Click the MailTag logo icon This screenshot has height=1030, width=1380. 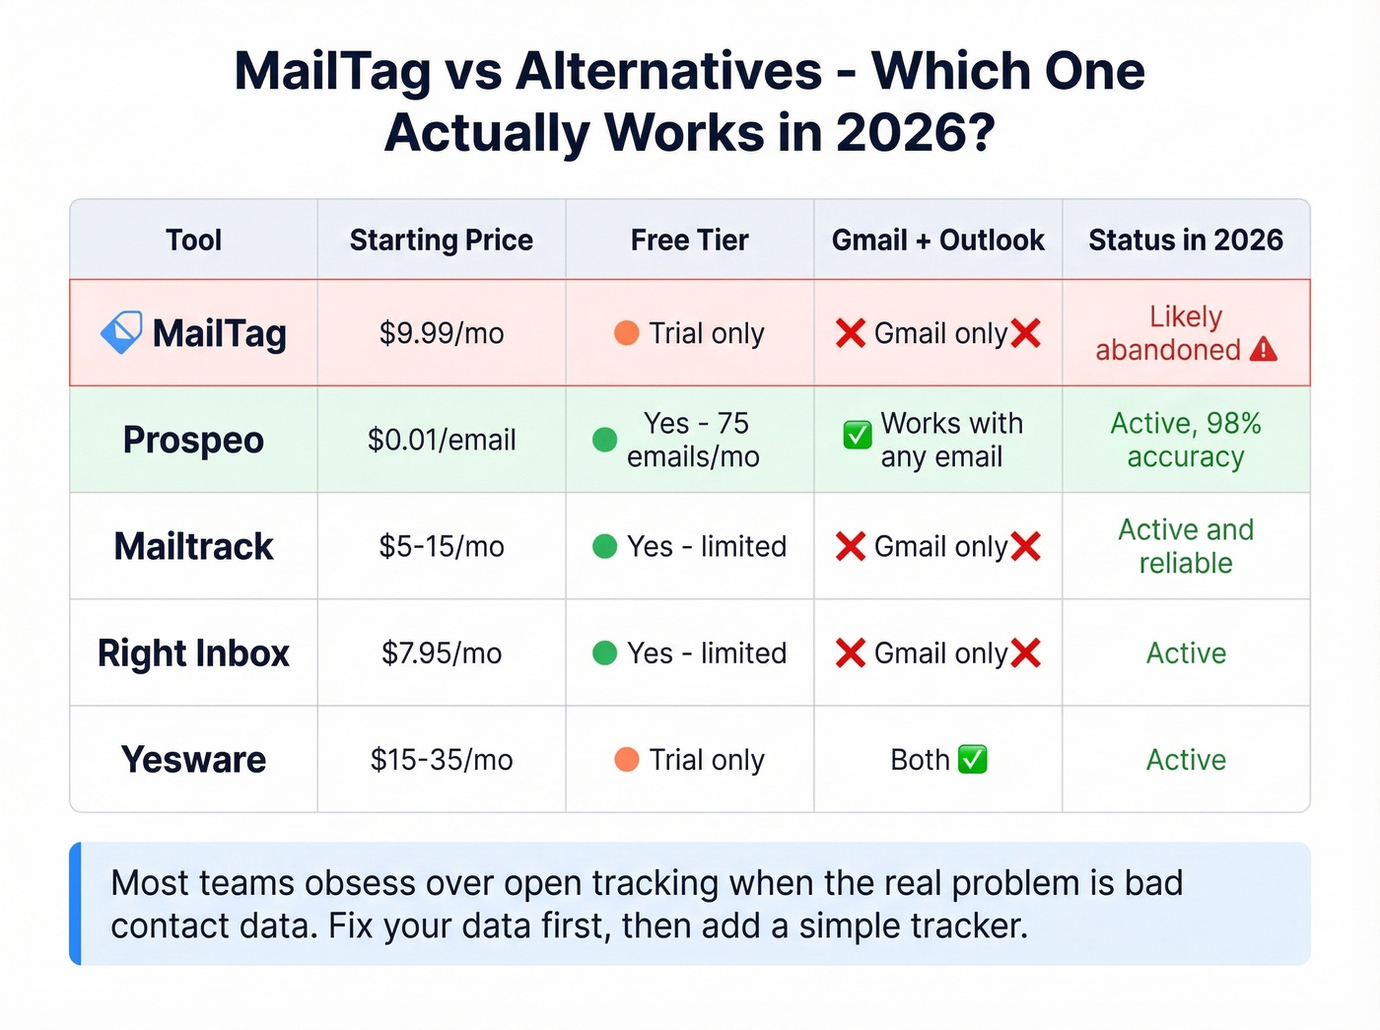click(x=121, y=333)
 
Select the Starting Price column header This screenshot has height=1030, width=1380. click(x=442, y=240)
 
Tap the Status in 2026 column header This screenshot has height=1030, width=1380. click(x=1186, y=240)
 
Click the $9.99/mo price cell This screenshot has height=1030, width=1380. click(x=442, y=333)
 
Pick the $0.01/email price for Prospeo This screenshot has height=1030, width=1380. click(x=442, y=440)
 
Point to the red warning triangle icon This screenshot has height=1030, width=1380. click(x=1263, y=350)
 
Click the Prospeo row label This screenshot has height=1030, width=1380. click(x=193, y=440)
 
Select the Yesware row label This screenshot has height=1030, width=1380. click(x=193, y=760)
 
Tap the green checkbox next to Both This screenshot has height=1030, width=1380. click(x=973, y=760)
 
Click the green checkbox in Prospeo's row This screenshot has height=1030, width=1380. click(x=857, y=435)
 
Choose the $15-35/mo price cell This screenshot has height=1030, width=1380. click(x=442, y=760)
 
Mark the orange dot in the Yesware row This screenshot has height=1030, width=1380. click(x=626, y=760)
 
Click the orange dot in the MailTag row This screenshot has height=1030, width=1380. click(x=626, y=333)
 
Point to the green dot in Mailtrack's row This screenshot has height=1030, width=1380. click(x=604, y=546)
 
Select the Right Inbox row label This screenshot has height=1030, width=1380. click(x=193, y=653)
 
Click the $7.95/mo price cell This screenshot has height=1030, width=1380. click(x=442, y=653)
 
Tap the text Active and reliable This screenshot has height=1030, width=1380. click(x=1186, y=546)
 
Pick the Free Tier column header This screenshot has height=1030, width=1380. click(x=690, y=240)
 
